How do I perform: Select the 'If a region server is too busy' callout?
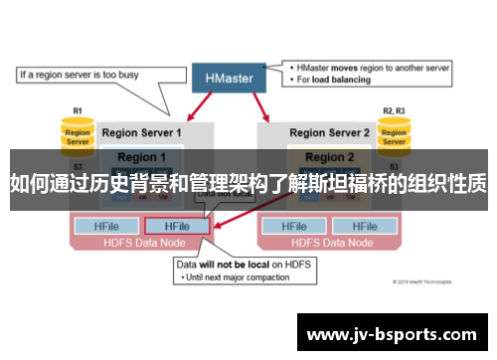pos(81,74)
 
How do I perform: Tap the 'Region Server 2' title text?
pos(329,132)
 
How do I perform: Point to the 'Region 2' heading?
pos(329,157)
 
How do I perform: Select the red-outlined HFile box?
pos(177,226)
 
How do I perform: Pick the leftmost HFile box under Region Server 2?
pos(294,226)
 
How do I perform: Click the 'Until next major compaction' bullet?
pos(237,277)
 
